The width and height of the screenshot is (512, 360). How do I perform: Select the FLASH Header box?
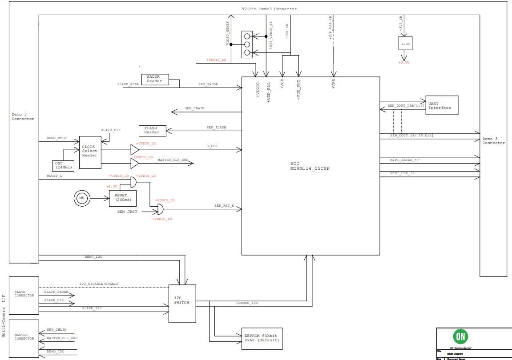[151, 130]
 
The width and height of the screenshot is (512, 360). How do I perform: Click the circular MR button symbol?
[81, 198]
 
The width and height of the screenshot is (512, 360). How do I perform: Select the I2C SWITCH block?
[182, 304]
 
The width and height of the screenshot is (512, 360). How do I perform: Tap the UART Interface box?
[442, 105]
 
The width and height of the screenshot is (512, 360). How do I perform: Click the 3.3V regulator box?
[405, 44]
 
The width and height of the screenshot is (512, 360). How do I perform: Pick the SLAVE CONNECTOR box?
[24, 295]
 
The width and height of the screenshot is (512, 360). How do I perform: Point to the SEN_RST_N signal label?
[224, 206]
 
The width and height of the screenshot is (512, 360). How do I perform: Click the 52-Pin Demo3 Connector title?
[269, 9]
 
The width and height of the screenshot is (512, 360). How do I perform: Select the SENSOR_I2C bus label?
[247, 303]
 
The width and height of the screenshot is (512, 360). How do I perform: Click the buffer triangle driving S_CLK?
[134, 150]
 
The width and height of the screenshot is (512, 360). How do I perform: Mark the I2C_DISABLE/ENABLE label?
[99, 284]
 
